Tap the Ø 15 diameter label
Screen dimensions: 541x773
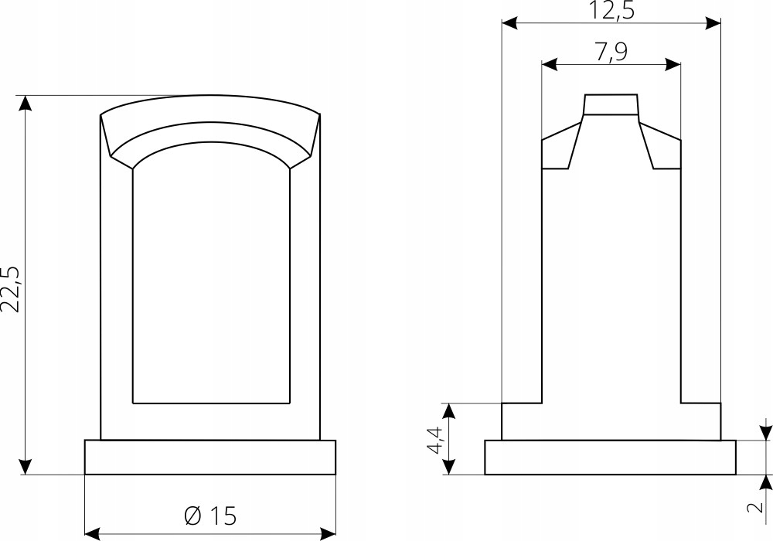pyautogui.click(x=210, y=515)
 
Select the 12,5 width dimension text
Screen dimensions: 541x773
pyautogui.click(x=611, y=11)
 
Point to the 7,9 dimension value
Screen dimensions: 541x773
pyautogui.click(x=611, y=53)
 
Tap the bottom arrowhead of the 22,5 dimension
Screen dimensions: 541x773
pyautogui.click(x=26, y=466)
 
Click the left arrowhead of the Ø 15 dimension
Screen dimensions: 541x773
pyautogui.click(x=92, y=532)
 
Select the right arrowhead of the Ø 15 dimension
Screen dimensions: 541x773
pyautogui.click(x=328, y=532)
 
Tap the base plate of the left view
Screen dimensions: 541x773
pyautogui.click(x=209, y=457)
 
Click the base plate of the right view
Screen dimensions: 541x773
pyautogui.click(x=610, y=457)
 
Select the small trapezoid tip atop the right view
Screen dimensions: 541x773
pyautogui.click(x=611, y=104)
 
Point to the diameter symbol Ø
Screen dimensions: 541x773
pyautogui.click(x=193, y=515)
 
